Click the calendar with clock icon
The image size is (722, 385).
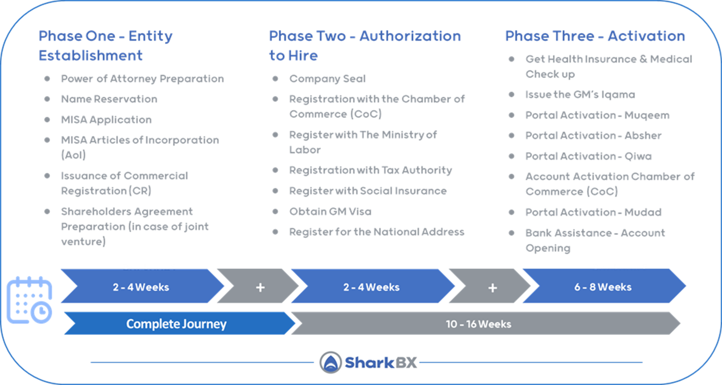coord(30,300)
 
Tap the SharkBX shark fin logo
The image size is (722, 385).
coord(330,362)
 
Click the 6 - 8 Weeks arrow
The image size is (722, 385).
coord(603,287)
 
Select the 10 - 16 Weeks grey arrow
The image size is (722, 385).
coord(478,324)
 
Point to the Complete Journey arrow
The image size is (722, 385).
coord(176,324)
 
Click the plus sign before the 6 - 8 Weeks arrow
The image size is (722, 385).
coord(492,287)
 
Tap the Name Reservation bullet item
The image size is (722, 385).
coord(109,99)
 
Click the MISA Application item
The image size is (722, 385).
coord(106,120)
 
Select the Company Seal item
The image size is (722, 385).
coord(327,79)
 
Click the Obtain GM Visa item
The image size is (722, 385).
coord(330,211)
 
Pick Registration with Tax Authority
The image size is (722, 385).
coord(370,170)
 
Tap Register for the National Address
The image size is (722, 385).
coord(377,232)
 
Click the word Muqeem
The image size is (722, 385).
coord(647,115)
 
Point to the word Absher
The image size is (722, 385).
coord(643,135)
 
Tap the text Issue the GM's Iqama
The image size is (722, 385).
coord(580,95)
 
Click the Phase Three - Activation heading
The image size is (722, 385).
coord(595,36)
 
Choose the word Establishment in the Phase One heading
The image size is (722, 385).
coord(91,56)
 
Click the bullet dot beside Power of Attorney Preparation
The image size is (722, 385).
coord(47,78)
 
